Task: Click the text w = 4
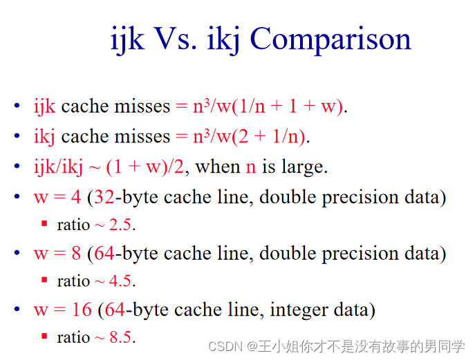click(x=57, y=197)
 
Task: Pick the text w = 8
click(x=57, y=254)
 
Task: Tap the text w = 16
click(x=62, y=310)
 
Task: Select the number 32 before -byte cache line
click(x=104, y=197)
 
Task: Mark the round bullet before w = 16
click(x=17, y=310)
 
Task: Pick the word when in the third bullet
click(x=218, y=167)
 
